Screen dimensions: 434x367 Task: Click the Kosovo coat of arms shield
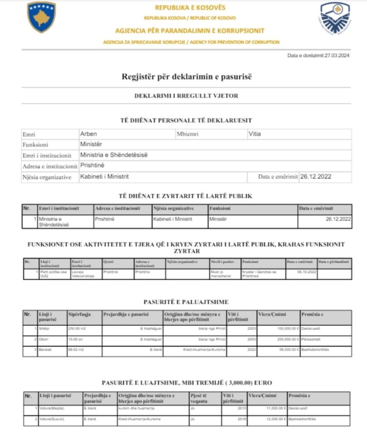click(41, 17)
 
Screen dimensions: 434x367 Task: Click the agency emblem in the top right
click(335, 18)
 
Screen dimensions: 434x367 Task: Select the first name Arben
click(89, 134)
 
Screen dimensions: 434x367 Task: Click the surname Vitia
click(255, 134)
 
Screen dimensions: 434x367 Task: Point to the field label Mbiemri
click(187, 134)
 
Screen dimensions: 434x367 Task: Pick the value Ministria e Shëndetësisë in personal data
click(114, 155)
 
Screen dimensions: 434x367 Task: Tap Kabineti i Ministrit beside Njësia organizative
click(104, 177)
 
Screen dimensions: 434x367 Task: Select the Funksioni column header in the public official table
click(220, 209)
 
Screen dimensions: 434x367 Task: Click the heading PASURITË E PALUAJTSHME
click(186, 302)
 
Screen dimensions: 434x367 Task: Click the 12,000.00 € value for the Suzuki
click(274, 419)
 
